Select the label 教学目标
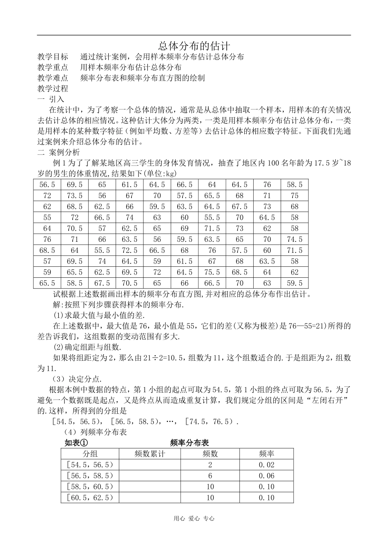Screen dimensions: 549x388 53,57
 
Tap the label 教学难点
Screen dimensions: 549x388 53,78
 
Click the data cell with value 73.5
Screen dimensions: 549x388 74,196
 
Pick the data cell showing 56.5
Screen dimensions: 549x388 47,185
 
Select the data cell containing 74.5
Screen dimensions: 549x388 294,239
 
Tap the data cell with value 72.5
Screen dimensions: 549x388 129,250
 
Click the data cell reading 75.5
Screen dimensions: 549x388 212,272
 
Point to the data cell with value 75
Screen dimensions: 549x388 294,196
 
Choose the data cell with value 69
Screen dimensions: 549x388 185,228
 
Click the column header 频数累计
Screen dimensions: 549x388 149,454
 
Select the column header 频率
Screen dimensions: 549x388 266,454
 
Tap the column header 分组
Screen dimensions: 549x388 90,454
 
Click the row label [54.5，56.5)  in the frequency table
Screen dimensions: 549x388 90,465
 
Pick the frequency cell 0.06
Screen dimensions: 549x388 266,476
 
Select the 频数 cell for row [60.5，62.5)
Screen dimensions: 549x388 210,498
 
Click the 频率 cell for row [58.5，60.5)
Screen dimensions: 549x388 266,487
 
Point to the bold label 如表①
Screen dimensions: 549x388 76,443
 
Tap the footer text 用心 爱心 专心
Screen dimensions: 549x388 194,518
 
